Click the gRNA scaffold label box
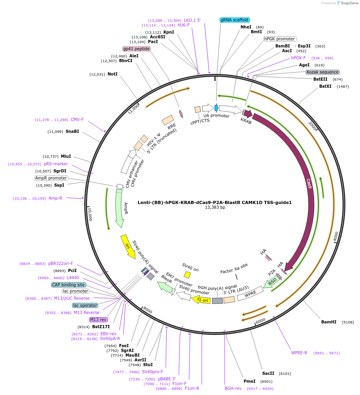[x=235, y=20]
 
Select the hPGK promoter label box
[x=280, y=39]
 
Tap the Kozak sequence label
[x=322, y=72]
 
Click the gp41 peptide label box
[x=136, y=49]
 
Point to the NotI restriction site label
[x=112, y=74]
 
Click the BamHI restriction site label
[x=329, y=322]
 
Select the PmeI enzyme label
[x=249, y=382]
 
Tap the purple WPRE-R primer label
[x=299, y=353]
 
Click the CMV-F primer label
[x=77, y=119]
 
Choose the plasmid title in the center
[x=215, y=202]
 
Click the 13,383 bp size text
[x=215, y=208]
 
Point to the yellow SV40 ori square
[x=187, y=274]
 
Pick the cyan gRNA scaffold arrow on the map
[x=216, y=108]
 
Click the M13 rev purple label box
[x=98, y=319]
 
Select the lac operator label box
[x=85, y=305]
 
